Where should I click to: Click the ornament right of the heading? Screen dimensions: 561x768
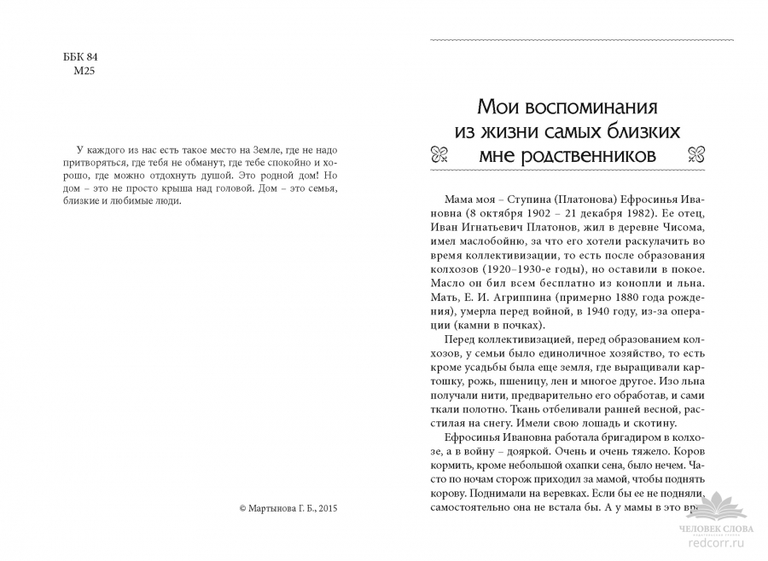tap(720, 155)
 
